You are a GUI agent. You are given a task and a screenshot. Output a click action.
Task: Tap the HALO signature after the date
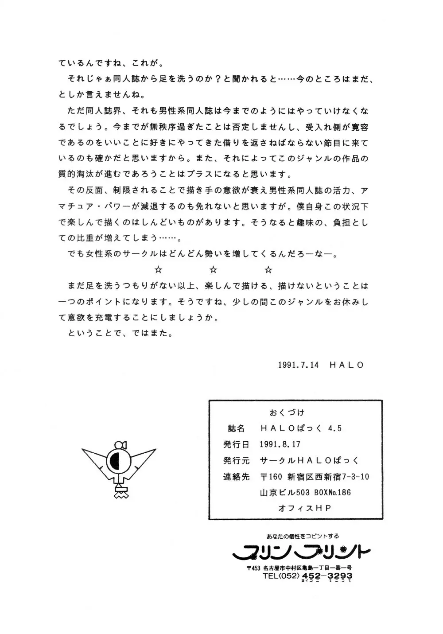pos(346,365)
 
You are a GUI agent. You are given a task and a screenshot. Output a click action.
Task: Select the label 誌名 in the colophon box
pos(236,428)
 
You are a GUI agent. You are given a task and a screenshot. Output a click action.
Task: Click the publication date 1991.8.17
pos(280,444)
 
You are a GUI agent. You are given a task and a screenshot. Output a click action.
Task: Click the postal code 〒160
pos(271,477)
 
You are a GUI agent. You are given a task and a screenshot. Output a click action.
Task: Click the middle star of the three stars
pos(213,270)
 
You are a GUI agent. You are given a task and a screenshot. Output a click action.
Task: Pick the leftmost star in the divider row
pos(158,270)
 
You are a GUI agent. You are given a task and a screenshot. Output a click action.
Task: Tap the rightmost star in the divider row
pos(268,270)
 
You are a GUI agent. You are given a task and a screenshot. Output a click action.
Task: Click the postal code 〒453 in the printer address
pos(253,568)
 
